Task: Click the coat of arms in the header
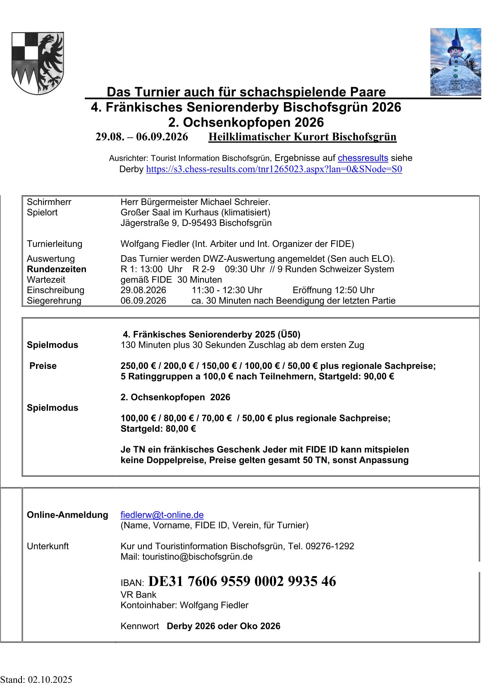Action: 38,63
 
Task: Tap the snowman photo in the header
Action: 455,62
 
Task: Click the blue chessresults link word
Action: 363,158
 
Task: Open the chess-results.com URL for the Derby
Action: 274,169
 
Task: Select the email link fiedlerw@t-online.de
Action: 162,515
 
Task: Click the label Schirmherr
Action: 49,202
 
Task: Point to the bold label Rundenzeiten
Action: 57,269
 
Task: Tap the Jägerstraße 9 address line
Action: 196,223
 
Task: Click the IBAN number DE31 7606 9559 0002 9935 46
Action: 242,581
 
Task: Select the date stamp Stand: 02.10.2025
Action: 36,680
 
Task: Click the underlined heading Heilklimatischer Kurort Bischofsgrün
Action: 302,137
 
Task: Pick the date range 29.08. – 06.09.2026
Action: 141,137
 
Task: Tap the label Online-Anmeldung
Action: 67,515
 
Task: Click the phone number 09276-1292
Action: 330,546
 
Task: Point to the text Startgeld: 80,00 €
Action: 158,429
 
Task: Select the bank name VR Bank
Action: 138,595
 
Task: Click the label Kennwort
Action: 140,626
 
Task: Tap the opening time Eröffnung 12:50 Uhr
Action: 333,290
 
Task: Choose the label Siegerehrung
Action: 54,301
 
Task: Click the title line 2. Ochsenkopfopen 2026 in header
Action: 246,122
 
